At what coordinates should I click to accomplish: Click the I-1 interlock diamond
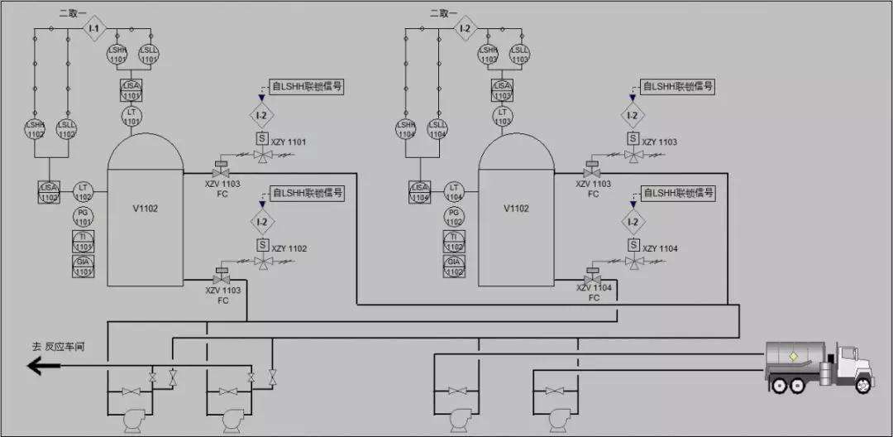pyautogui.click(x=93, y=29)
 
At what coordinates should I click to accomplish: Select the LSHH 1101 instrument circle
pyautogui.click(x=117, y=55)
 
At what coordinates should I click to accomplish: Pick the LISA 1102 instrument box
pyautogui.click(x=50, y=192)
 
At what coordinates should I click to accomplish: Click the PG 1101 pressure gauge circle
pyautogui.click(x=84, y=218)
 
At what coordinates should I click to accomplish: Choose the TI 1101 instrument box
pyautogui.click(x=84, y=242)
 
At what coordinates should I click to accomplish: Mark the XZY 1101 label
pyautogui.click(x=289, y=142)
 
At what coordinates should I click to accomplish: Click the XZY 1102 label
pyautogui.click(x=289, y=248)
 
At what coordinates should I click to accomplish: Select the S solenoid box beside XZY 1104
pyautogui.click(x=633, y=245)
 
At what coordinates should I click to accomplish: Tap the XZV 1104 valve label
pyautogui.click(x=593, y=288)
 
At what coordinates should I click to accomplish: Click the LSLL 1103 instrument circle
pyautogui.click(x=520, y=55)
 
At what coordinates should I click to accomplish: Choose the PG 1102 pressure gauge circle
pyautogui.click(x=454, y=218)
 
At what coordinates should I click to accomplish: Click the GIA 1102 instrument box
pyautogui.click(x=454, y=266)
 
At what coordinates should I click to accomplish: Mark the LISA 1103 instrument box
pyautogui.click(x=502, y=90)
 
